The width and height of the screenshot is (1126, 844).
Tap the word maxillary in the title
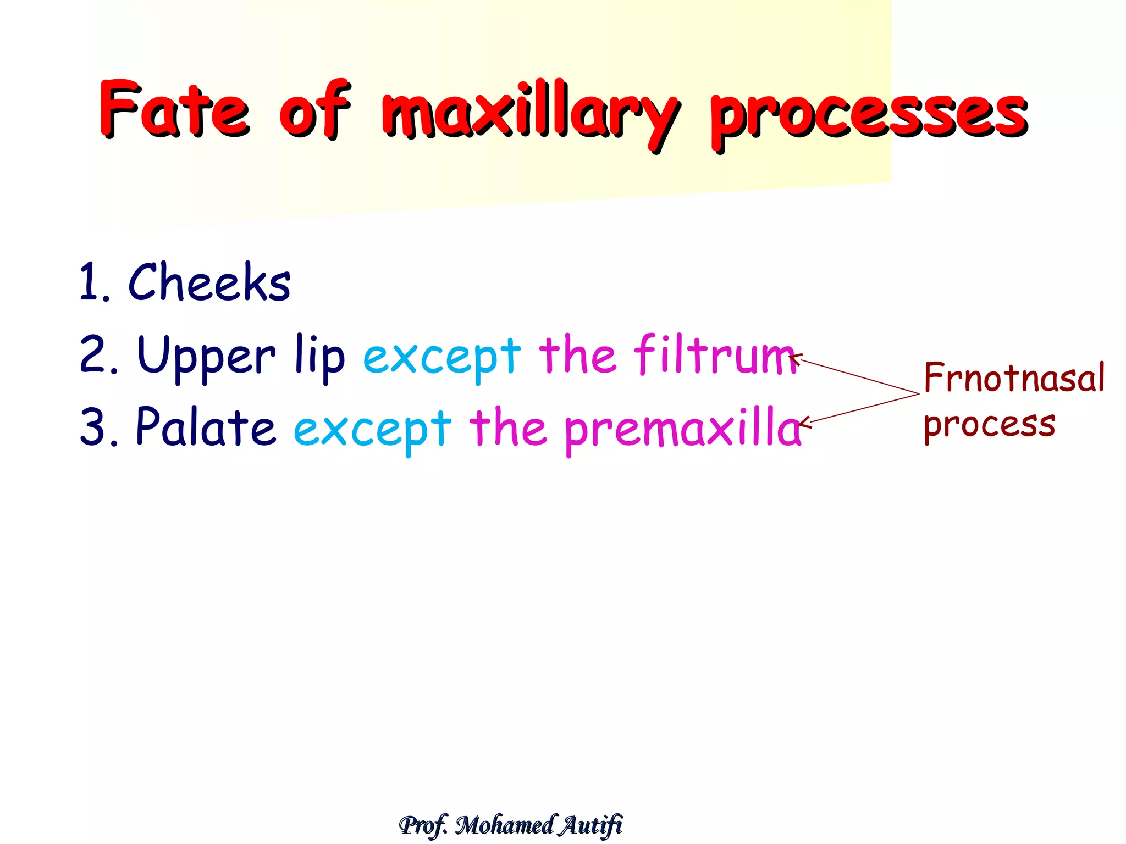tap(531, 113)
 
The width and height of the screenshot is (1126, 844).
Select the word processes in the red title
tap(869, 115)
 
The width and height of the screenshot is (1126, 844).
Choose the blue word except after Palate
tap(372, 430)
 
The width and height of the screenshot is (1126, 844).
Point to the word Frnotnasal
tap(1014, 378)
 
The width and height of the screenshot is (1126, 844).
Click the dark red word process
tap(989, 425)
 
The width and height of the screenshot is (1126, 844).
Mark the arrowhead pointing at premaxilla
tap(804, 423)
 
